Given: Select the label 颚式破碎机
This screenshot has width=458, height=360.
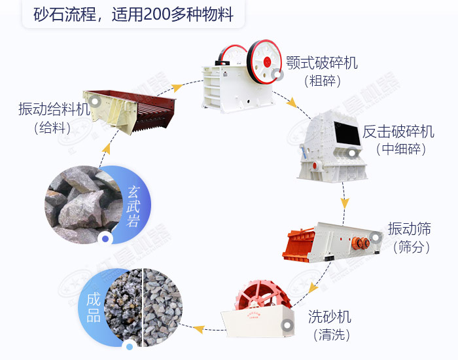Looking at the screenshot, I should click(x=322, y=63).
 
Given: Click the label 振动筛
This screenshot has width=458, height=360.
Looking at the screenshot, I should click(x=414, y=229).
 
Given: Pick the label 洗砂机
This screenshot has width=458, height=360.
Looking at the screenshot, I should click(x=330, y=317).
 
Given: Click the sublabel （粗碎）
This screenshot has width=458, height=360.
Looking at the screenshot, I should click(x=323, y=81).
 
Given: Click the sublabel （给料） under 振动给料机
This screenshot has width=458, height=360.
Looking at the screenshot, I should click(x=54, y=128).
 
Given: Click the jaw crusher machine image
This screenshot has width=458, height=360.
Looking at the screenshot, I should click(x=239, y=72).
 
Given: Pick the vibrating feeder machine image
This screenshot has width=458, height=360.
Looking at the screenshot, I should click(x=131, y=108).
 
